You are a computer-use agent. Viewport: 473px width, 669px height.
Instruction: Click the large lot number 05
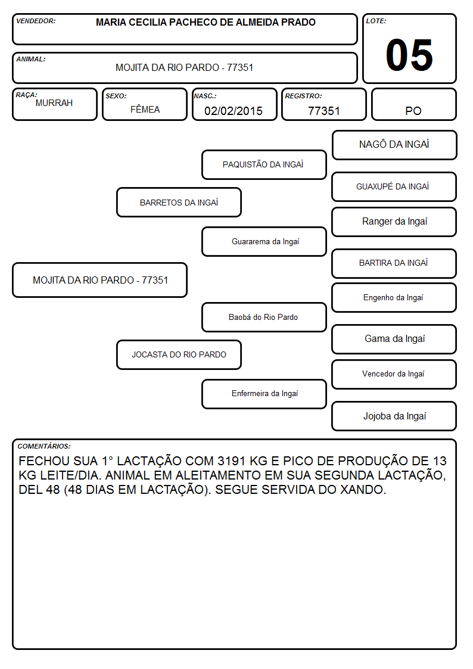(x=409, y=55)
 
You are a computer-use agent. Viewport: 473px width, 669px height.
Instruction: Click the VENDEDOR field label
(x=36, y=21)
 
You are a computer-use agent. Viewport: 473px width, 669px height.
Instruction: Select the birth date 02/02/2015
(x=234, y=111)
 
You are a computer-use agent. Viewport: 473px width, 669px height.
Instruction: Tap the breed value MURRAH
(x=54, y=103)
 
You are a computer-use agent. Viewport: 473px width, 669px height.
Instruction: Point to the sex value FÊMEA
(x=145, y=109)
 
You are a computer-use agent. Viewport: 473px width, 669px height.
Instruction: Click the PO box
(x=413, y=104)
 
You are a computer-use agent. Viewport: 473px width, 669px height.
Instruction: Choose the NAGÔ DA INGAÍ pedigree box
(x=394, y=145)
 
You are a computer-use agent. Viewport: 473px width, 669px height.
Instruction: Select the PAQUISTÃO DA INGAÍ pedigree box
(x=264, y=164)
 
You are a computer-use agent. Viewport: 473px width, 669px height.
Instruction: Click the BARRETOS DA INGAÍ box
(x=179, y=202)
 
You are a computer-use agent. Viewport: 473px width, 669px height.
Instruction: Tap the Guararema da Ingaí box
(x=264, y=241)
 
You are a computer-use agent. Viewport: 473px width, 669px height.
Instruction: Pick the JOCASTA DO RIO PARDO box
(x=179, y=354)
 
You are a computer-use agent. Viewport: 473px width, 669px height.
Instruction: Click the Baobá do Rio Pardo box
(x=264, y=317)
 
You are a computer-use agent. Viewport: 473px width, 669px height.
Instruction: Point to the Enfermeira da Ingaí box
(x=264, y=394)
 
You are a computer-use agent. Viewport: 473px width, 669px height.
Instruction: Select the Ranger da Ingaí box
(x=394, y=222)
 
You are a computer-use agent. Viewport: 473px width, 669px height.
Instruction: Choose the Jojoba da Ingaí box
(x=394, y=416)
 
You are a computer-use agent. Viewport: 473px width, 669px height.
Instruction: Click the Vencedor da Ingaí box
(x=394, y=374)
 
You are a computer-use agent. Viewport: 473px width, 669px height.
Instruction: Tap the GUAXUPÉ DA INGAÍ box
(x=394, y=186)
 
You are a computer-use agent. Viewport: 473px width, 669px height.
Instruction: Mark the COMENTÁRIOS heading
(x=44, y=446)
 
